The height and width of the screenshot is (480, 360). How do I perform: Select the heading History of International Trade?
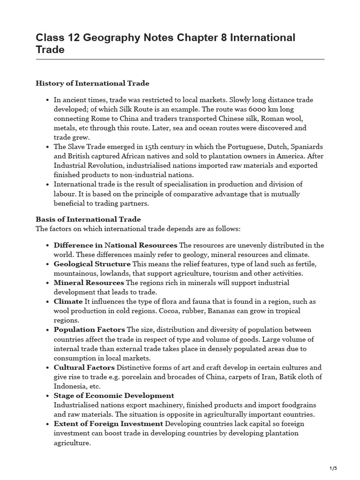point(92,83)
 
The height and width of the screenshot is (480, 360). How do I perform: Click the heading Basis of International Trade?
point(88,219)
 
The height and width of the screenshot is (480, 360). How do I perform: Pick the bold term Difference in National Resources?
point(115,245)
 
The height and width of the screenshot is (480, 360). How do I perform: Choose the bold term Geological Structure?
point(92,264)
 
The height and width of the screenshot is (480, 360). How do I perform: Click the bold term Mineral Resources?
point(89,283)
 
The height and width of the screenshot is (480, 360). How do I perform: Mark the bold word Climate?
point(68,301)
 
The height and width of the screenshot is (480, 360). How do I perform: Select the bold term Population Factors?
point(89,330)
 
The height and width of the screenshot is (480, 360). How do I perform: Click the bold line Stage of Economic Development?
point(114,395)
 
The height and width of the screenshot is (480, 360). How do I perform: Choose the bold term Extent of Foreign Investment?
point(108,423)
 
